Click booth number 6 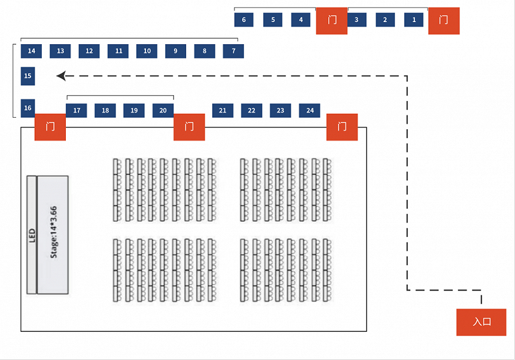243,20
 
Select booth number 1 414,20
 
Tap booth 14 31,51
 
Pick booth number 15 28,76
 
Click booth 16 28,108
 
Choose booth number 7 233,51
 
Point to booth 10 147,51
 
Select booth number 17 76,111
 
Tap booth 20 163,111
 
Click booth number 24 310,111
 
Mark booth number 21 223,111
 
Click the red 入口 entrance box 482,322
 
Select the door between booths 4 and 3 331,21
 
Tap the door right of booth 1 444,21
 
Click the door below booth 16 50,127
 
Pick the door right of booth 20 189,127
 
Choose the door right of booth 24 342,127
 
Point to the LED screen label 32,234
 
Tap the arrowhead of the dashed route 60,76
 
